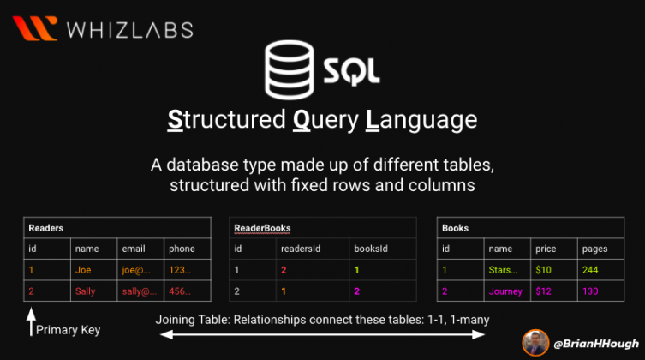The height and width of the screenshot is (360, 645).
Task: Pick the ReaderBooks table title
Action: click(x=262, y=228)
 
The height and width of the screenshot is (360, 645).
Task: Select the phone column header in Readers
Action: click(x=182, y=249)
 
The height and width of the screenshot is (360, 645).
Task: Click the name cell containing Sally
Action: click(x=87, y=291)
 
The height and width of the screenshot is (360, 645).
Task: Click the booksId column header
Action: click(x=370, y=249)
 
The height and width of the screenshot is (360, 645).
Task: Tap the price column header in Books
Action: click(x=545, y=249)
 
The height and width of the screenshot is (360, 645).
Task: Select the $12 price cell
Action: click(x=544, y=291)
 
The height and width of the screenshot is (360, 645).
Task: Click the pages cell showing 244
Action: click(x=590, y=270)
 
